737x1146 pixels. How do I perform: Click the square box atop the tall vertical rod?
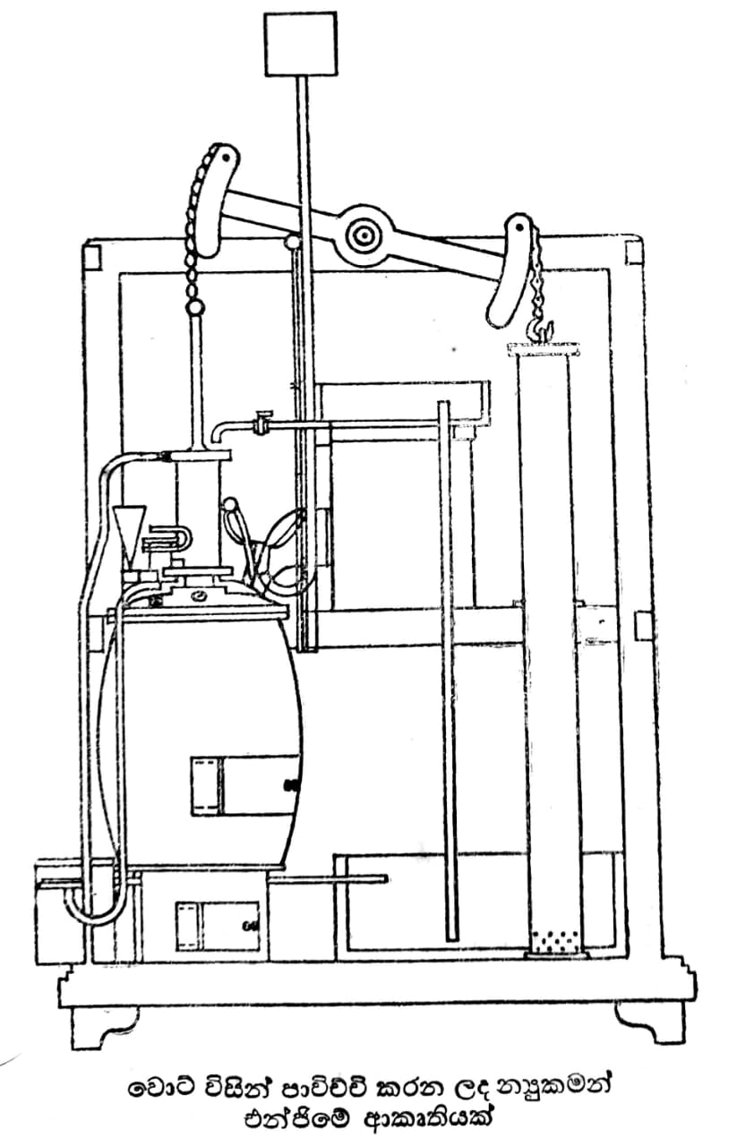[301, 44]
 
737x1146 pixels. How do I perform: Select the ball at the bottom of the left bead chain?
[195, 308]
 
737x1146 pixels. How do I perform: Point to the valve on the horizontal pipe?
[263, 422]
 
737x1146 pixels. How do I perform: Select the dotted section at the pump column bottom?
[555, 939]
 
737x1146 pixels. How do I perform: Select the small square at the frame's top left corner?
[92, 257]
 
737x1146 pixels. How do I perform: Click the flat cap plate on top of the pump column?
[544, 349]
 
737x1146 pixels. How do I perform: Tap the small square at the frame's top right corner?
[634, 253]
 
